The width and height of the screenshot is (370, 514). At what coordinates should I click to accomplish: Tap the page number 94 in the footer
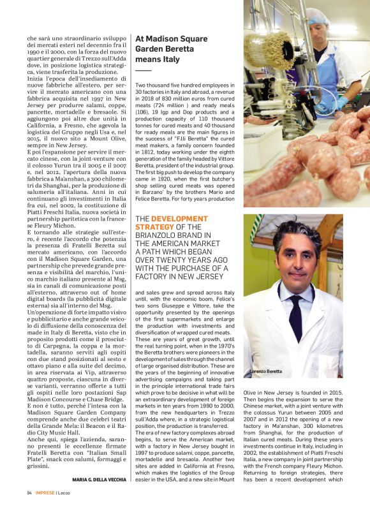pos(29,493)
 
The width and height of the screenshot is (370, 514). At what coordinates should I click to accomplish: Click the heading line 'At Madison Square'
pos(171,40)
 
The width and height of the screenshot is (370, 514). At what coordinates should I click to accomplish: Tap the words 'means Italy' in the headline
pos(157,60)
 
